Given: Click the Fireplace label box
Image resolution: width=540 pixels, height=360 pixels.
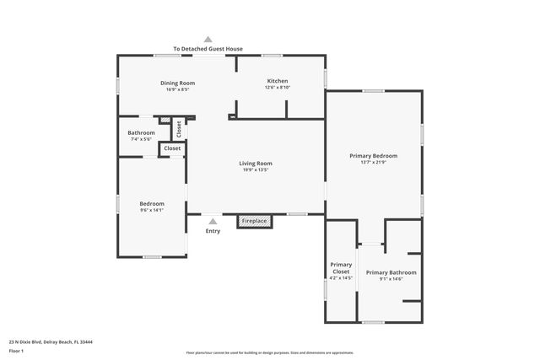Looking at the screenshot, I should coord(255,222).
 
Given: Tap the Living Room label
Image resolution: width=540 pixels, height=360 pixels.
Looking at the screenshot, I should coord(255,163).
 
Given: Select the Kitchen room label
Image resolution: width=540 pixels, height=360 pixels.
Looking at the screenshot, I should coord(278,81).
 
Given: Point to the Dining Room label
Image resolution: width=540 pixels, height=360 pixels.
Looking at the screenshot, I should coord(178,83).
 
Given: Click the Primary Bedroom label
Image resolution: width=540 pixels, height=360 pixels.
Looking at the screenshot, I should coord(374,156).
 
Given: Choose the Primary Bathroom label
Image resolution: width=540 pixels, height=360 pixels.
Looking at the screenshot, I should coord(391,272).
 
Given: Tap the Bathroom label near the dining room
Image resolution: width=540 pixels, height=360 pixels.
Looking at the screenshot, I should coord(141,132).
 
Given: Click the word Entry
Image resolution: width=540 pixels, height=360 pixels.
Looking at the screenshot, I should coord(213,230).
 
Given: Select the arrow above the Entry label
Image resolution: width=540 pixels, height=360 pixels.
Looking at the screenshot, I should coord(213,221).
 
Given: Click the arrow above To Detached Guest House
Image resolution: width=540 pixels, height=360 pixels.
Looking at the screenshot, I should coord(208,39).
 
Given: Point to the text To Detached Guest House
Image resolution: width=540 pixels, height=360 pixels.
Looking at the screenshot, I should coord(208,49).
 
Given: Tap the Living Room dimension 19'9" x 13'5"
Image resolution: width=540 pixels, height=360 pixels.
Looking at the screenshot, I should coord(255,170).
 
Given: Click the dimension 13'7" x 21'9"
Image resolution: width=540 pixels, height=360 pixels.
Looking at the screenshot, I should coord(374,163).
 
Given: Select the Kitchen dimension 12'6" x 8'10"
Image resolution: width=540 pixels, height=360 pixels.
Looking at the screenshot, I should coord(278,88).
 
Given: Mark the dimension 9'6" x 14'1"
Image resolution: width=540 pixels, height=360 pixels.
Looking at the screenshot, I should coord(152,210).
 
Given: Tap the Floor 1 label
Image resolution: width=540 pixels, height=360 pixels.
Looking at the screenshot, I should coord(16,350).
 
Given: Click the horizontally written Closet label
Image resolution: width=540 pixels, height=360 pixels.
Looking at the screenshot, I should coord(172,148).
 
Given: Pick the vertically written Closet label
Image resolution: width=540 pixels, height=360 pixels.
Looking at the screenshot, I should coord(179,128).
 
